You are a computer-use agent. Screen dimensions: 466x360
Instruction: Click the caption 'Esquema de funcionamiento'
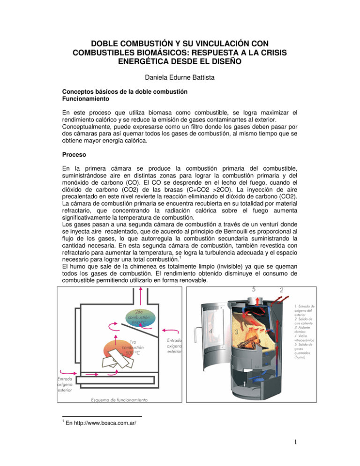pos(119,400)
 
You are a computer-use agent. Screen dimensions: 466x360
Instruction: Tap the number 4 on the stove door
pos(211,331)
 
